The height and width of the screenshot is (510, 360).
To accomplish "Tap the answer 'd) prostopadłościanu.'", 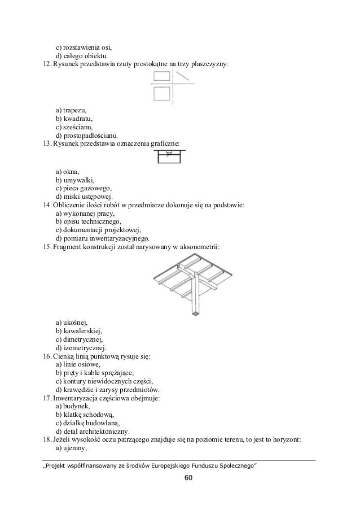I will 86,136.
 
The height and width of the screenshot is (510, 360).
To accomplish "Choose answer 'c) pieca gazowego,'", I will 84,188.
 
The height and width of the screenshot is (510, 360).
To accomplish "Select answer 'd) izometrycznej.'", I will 81,347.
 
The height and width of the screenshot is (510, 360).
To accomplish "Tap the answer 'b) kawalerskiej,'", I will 79,330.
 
